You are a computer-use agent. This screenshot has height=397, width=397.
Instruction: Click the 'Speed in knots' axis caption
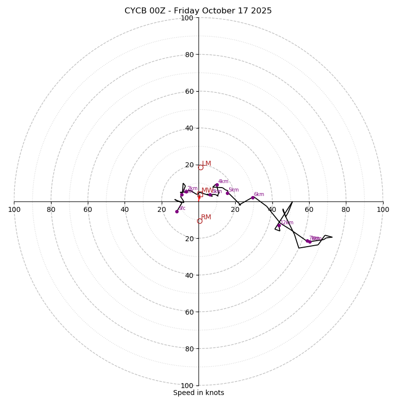[x=198, y=393]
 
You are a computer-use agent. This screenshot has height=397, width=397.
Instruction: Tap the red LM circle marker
[x=200, y=167]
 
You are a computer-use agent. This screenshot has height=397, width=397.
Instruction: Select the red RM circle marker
[x=199, y=221]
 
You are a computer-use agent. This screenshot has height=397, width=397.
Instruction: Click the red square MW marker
[x=200, y=195]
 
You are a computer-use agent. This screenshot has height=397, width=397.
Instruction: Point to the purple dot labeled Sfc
[x=177, y=211]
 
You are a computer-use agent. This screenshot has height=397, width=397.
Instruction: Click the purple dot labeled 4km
[x=217, y=185]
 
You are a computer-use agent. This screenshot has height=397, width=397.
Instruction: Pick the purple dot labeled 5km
[x=227, y=193]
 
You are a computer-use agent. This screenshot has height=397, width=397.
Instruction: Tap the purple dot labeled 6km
[x=253, y=198]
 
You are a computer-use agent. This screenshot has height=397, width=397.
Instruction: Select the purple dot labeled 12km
[x=279, y=225]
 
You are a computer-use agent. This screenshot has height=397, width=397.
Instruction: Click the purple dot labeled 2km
[x=186, y=192]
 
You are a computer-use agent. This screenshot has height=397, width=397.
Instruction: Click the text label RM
[x=206, y=217]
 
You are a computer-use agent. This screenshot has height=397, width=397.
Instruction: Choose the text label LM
[x=206, y=164]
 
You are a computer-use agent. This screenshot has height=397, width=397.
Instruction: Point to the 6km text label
[x=259, y=195]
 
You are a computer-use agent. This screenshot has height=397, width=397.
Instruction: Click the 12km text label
[x=287, y=222]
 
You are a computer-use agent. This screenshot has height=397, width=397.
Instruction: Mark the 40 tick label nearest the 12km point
[x=272, y=209]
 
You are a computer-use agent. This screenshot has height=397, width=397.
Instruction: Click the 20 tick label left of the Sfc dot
[x=161, y=209]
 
